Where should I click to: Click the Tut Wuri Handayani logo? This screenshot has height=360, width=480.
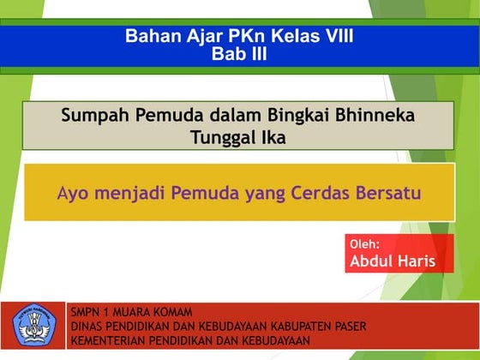pos(33,326)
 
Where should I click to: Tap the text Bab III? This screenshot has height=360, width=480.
pos(239,54)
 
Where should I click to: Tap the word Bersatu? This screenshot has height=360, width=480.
pos(390,193)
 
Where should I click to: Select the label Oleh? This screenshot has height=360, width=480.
pos(365,244)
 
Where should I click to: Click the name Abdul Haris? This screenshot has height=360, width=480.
pos(393,261)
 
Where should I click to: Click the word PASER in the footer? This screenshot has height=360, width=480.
pos(346,327)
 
